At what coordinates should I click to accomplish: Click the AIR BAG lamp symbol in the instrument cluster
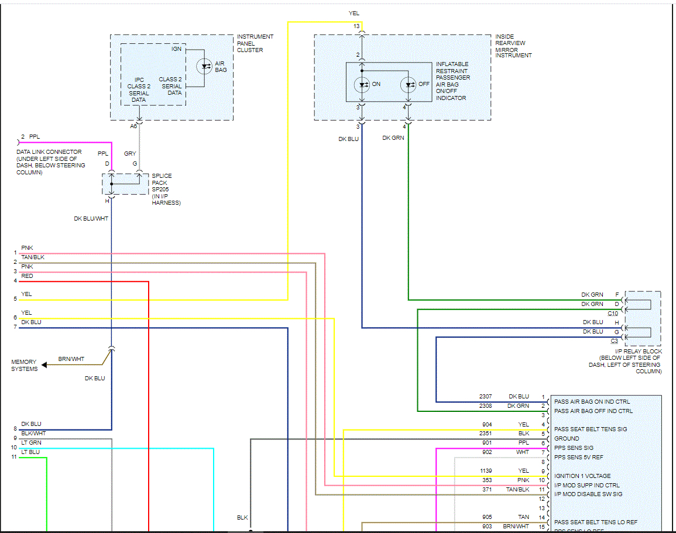(205, 66)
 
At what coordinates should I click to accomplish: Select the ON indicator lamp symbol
(362, 84)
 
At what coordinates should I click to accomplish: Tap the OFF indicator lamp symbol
(409, 84)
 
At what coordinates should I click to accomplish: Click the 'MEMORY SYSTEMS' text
(24, 366)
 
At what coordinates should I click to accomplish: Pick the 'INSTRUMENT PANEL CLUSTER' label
(255, 43)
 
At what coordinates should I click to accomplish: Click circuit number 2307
(486, 397)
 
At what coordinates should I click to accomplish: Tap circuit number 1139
(486, 471)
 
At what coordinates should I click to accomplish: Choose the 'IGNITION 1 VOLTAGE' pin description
(582, 476)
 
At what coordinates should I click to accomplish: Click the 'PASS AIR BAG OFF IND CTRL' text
(593, 411)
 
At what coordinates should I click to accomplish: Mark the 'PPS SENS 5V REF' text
(578, 458)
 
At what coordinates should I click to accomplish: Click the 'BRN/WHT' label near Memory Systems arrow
(71, 359)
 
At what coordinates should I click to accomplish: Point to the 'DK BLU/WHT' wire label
(91, 219)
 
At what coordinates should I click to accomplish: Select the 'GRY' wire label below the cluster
(130, 154)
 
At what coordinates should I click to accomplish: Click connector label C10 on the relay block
(612, 314)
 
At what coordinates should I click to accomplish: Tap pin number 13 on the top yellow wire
(356, 26)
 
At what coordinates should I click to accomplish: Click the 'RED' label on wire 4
(27, 276)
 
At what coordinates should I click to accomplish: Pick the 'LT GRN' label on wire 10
(31, 443)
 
